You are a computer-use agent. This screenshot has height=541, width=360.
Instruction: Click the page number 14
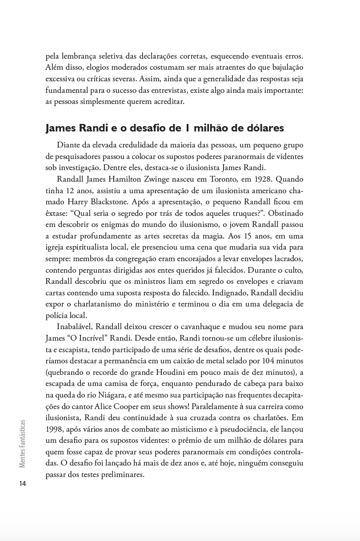(x=23, y=484)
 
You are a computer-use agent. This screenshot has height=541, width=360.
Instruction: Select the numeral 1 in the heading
(x=188, y=128)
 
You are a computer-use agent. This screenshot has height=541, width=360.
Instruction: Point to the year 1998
(x=56, y=430)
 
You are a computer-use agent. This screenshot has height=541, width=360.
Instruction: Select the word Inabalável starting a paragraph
(x=75, y=326)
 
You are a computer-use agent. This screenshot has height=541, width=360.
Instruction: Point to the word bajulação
(x=283, y=67)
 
